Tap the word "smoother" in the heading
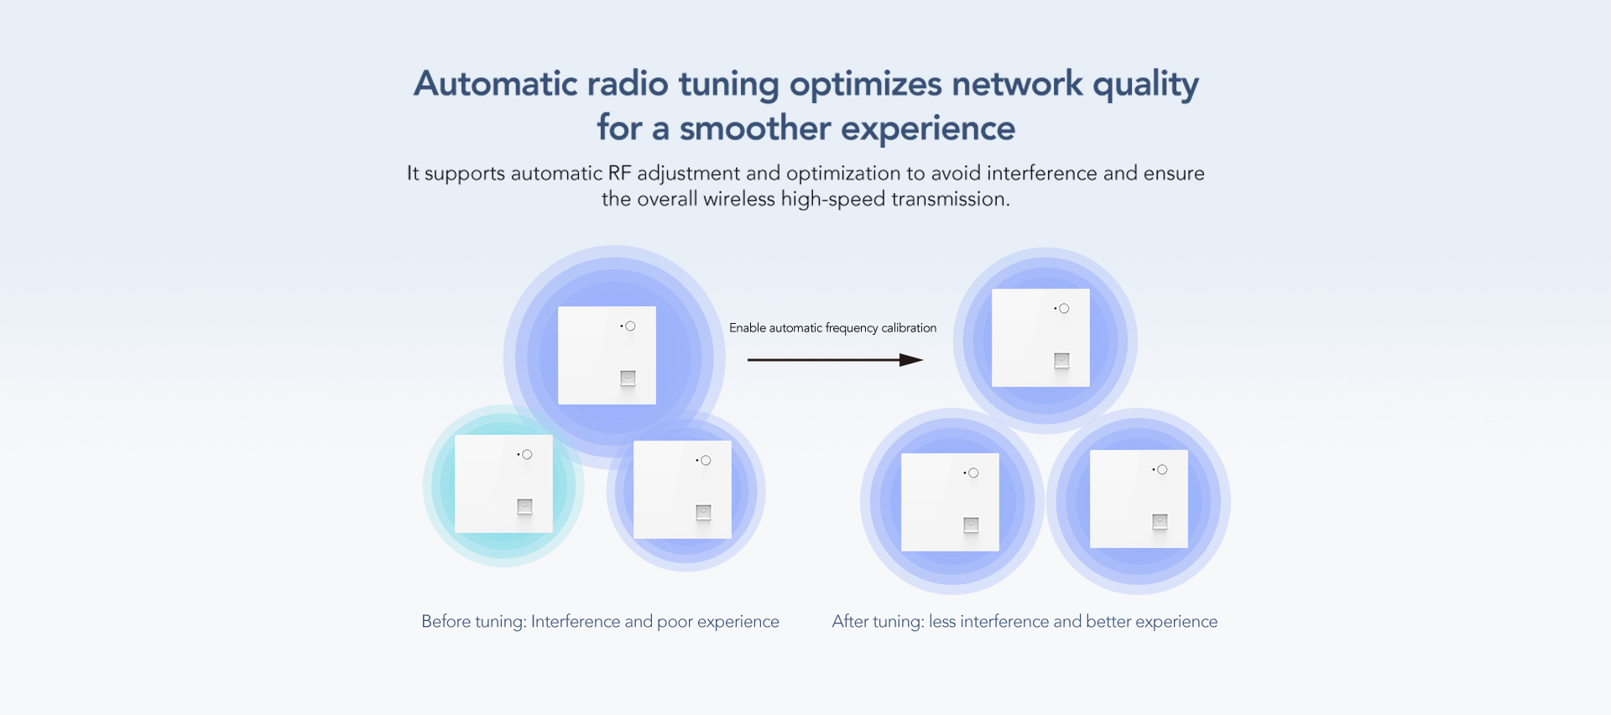click(x=754, y=128)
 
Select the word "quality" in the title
click(x=1145, y=84)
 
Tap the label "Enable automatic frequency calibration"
click(x=832, y=328)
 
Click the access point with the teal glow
click(x=503, y=483)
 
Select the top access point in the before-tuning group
click(x=607, y=355)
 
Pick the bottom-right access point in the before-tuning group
click(x=682, y=489)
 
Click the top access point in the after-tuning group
click(x=1040, y=337)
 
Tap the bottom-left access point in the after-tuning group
click(x=950, y=502)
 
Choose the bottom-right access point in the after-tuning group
click(x=1139, y=498)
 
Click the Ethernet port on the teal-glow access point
click(x=524, y=506)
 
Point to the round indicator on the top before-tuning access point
click(x=630, y=326)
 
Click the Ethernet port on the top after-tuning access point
click(x=1061, y=360)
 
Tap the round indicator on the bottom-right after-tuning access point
click(x=1162, y=470)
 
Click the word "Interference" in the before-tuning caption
click(x=576, y=622)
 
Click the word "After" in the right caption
click(x=850, y=622)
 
